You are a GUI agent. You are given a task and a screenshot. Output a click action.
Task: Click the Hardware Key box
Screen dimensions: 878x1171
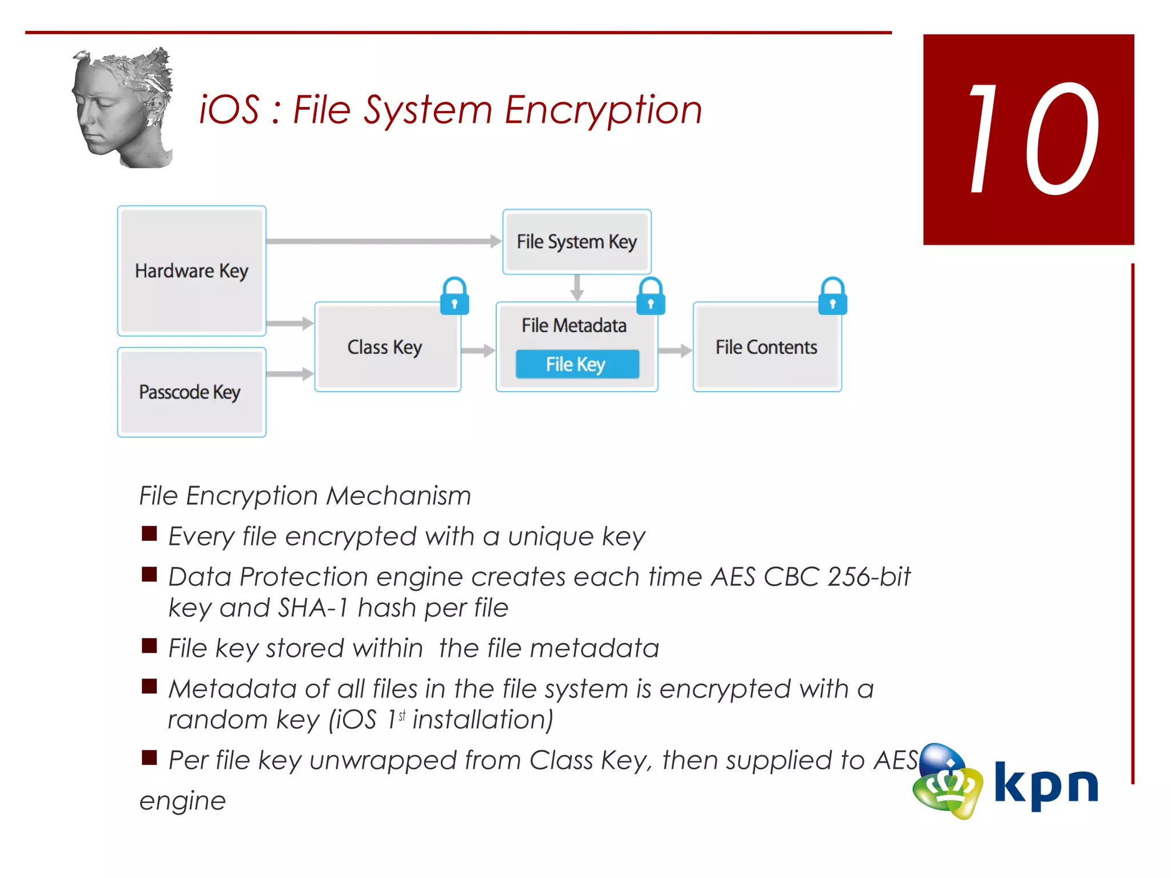pos(192,270)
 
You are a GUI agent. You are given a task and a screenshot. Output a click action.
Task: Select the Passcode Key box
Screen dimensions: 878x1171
pos(192,392)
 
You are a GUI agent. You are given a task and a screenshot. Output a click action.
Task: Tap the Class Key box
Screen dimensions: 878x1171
pos(387,347)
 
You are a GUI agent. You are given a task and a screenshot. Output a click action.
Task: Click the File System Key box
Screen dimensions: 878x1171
pos(576,241)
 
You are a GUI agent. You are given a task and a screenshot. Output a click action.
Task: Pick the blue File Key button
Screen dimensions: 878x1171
pos(577,364)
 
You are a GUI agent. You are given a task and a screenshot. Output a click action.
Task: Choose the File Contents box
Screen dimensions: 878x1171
pos(766,347)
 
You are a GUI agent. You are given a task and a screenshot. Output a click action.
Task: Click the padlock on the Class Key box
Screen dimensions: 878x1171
pos(455,297)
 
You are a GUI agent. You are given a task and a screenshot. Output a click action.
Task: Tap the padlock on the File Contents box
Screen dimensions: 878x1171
pos(833,297)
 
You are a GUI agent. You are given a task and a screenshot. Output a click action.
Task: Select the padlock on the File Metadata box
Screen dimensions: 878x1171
pos(651,297)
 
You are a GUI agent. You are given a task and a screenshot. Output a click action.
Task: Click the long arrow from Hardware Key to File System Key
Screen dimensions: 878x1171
pos(383,241)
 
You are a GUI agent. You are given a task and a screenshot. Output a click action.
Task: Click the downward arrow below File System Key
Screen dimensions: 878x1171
pos(577,288)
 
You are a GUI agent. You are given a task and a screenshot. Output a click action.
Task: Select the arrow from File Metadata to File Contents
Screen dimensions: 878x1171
pos(675,350)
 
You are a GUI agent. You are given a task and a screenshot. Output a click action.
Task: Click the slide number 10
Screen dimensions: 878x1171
pos(1029,139)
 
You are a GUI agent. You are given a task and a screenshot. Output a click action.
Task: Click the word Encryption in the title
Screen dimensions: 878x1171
pos(603,110)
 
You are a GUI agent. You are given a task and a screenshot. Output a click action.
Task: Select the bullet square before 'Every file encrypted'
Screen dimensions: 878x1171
pos(149,534)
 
